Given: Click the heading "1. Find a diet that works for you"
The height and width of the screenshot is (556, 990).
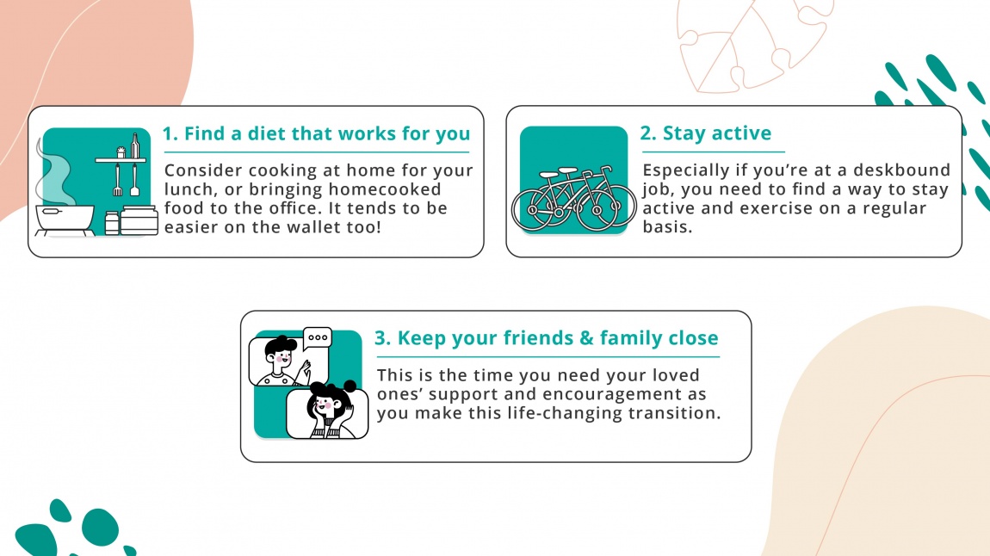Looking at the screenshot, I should (x=316, y=133).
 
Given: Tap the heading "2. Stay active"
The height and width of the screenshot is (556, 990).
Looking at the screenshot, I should (x=705, y=133).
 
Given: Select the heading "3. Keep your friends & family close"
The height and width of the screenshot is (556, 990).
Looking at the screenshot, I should (x=546, y=337).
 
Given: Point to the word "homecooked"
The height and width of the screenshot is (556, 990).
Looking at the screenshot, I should (x=387, y=189).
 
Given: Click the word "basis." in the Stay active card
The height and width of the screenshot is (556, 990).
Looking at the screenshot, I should (x=667, y=228).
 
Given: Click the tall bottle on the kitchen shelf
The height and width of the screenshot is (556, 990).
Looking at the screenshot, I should (x=134, y=145).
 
